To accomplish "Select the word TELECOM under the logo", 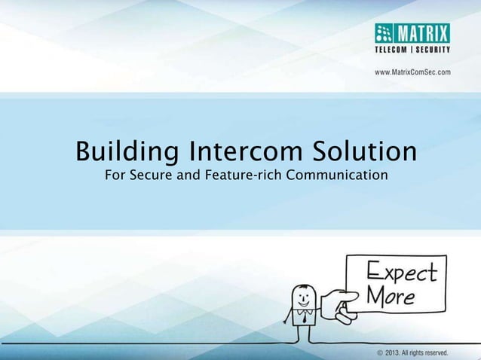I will pos(395,50).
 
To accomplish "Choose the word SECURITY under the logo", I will pos(434,50).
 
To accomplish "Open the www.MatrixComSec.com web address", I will pos(412,72).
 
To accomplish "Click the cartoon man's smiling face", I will pos(304,295).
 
